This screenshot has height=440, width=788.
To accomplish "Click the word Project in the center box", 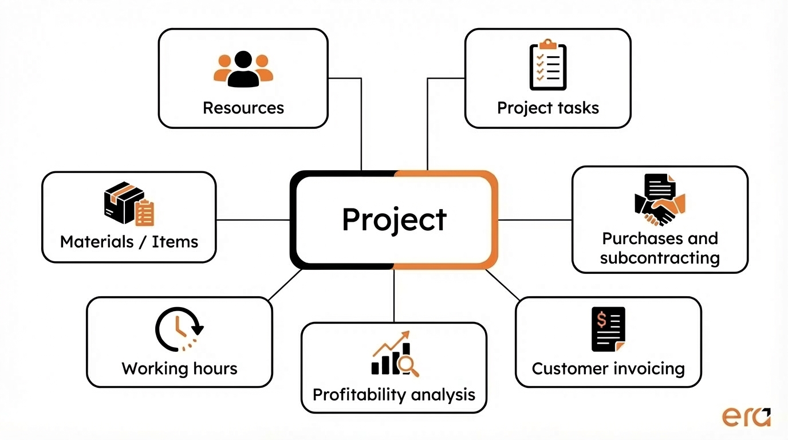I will (x=394, y=219).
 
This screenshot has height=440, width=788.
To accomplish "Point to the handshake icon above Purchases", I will (x=660, y=200).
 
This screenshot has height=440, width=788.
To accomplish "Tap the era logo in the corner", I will (x=746, y=417).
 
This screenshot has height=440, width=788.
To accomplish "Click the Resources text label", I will (x=243, y=108).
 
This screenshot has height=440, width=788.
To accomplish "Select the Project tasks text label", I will (x=548, y=108).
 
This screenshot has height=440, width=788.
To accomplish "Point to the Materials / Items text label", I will (x=129, y=242).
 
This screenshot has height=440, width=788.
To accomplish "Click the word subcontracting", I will (x=660, y=258).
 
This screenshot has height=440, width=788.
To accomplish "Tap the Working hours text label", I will (x=179, y=368).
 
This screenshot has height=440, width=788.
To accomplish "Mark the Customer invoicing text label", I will (x=608, y=368).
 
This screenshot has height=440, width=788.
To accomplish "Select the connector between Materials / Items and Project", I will (x=253, y=219).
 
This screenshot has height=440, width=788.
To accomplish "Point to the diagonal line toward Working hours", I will (x=285, y=285).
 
